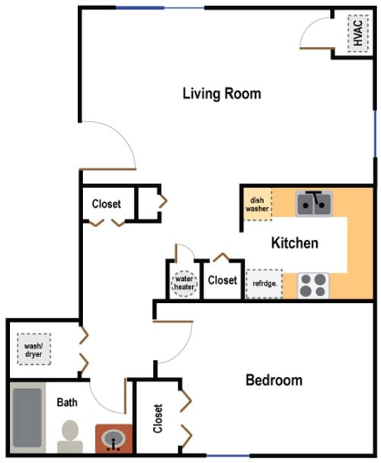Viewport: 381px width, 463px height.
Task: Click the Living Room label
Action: point(222,94)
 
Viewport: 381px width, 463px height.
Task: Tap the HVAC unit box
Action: point(358,33)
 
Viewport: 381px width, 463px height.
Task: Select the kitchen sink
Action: point(314,203)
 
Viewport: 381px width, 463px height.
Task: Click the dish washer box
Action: point(257,204)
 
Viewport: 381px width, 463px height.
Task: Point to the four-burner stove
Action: point(313,286)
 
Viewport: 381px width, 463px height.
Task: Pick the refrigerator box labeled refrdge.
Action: point(264,283)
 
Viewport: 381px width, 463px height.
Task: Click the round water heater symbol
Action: point(184,283)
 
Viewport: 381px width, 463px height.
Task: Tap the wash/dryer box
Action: point(34,349)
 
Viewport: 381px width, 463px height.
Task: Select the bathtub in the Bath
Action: point(27,417)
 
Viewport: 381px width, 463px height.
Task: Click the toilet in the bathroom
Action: point(70,436)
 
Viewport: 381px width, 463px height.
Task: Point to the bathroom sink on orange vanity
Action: point(114,439)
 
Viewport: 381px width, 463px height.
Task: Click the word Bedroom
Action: point(274,380)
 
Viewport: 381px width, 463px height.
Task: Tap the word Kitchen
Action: point(295,243)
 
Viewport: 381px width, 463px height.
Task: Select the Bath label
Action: point(67,402)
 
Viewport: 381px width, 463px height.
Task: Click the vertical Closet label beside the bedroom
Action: point(158,418)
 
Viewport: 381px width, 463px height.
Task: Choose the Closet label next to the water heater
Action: point(223,280)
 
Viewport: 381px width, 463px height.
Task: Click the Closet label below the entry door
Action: point(107,204)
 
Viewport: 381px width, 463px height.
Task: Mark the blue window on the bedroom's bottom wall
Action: point(228,455)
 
